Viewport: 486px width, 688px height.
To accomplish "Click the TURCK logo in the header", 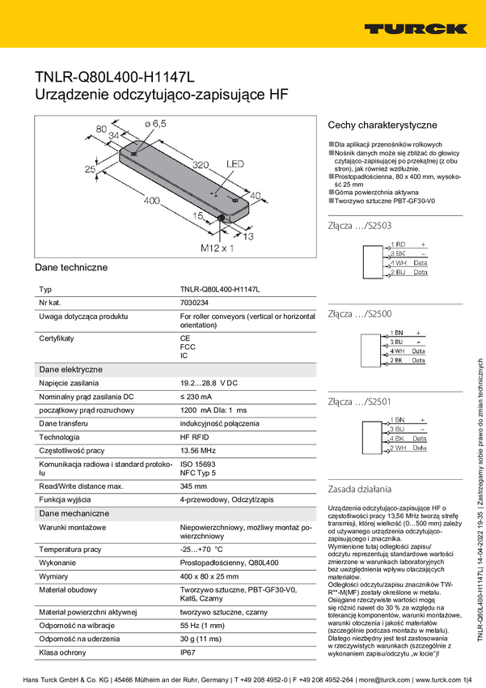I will point(416,28).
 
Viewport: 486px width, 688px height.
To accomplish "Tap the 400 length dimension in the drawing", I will point(150,200).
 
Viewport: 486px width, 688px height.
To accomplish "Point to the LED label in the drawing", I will point(235,164).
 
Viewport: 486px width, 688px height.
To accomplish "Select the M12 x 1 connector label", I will point(217,248).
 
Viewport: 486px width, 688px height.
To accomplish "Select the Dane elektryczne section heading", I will point(71,369).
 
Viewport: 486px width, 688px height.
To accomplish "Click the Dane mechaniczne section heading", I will point(74,513).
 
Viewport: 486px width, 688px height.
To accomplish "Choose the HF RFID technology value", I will point(197,436).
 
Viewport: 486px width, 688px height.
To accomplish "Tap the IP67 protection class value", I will point(188,652).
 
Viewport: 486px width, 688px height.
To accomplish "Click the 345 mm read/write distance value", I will point(193,486).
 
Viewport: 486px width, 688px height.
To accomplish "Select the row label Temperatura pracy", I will point(70,550).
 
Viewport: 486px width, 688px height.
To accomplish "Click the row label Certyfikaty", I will point(57,338).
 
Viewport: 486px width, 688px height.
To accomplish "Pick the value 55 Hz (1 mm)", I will point(203,625).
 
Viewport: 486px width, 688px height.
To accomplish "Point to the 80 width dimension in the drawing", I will point(101,129).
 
